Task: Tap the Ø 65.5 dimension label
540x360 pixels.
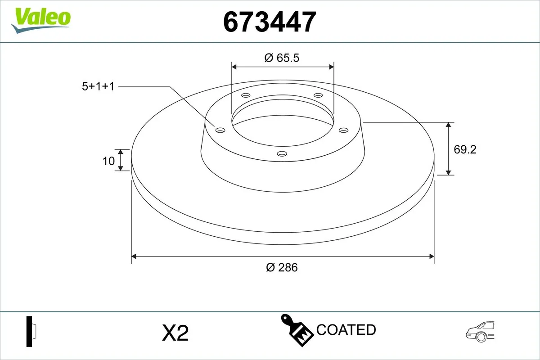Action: (x=282, y=58)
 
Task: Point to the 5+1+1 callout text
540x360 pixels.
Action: (x=98, y=86)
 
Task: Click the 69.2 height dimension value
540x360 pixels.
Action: (x=465, y=149)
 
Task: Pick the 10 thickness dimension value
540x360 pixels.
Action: (x=108, y=161)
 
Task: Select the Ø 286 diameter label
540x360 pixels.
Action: (x=282, y=267)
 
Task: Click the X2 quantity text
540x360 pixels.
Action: (x=175, y=333)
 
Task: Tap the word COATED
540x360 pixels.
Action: (x=346, y=330)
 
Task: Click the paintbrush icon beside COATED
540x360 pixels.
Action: (x=297, y=329)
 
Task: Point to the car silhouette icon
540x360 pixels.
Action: (x=480, y=332)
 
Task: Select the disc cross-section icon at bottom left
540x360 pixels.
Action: (x=31, y=332)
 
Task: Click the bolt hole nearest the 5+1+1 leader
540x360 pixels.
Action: (x=220, y=130)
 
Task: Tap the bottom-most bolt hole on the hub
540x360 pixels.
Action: (x=282, y=154)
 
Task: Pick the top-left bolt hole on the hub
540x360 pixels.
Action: (x=246, y=95)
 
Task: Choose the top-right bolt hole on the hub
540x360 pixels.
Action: (x=318, y=95)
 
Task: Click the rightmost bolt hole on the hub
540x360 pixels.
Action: (x=344, y=130)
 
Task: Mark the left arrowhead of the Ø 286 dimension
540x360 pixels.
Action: (x=133, y=256)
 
